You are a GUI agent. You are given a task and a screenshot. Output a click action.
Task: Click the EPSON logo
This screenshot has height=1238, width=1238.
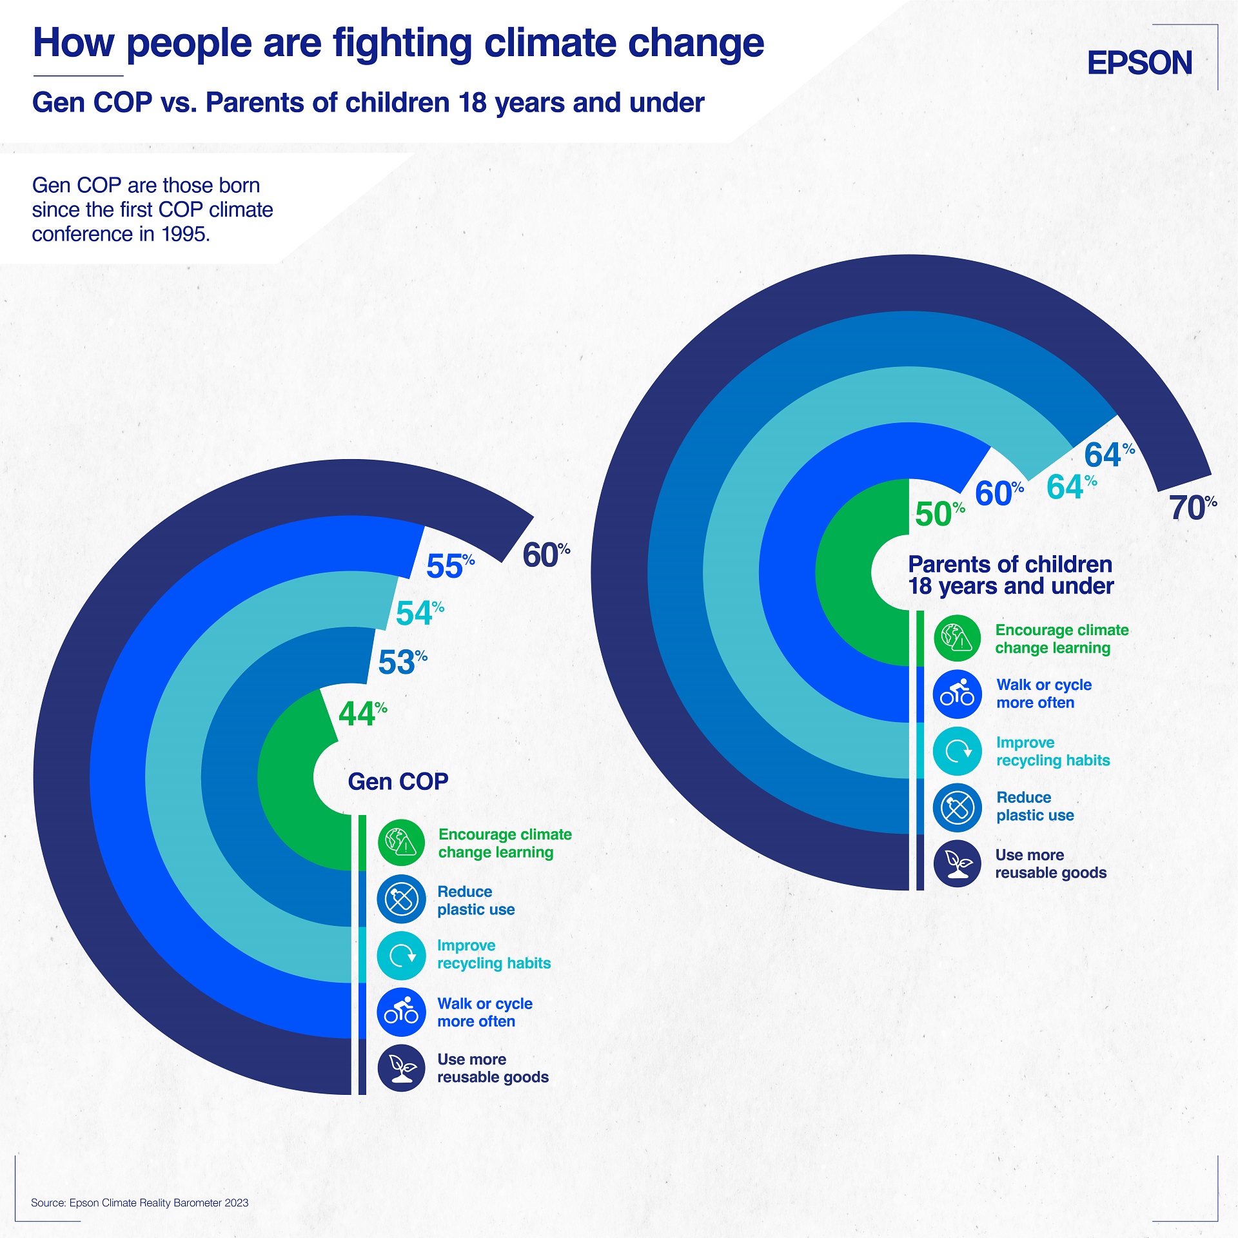tap(1139, 63)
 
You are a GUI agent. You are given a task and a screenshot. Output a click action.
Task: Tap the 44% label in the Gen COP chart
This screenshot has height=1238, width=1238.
tap(362, 714)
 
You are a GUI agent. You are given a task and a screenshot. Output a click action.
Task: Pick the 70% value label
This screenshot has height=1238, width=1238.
tap(1192, 507)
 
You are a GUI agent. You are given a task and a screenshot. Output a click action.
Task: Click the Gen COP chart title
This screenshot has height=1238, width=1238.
tap(398, 781)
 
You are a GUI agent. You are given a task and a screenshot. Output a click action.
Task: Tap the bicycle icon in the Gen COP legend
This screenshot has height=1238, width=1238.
tap(401, 1012)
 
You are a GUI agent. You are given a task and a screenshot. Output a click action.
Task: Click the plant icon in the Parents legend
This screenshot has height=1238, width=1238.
tap(958, 864)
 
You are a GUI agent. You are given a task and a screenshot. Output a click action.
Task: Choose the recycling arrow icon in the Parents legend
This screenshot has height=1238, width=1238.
tap(958, 751)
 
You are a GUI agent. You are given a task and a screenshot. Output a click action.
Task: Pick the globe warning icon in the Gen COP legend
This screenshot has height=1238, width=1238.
tap(401, 843)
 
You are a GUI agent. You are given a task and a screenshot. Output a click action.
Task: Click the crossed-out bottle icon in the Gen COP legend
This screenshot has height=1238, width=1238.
tap(401, 899)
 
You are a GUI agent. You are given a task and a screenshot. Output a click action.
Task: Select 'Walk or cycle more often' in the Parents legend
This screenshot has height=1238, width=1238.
tap(1043, 694)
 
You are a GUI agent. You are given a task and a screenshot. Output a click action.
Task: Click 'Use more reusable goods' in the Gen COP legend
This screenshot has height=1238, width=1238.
tap(493, 1068)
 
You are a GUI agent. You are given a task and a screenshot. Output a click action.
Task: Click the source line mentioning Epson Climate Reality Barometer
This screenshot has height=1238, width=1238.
tap(139, 1203)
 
